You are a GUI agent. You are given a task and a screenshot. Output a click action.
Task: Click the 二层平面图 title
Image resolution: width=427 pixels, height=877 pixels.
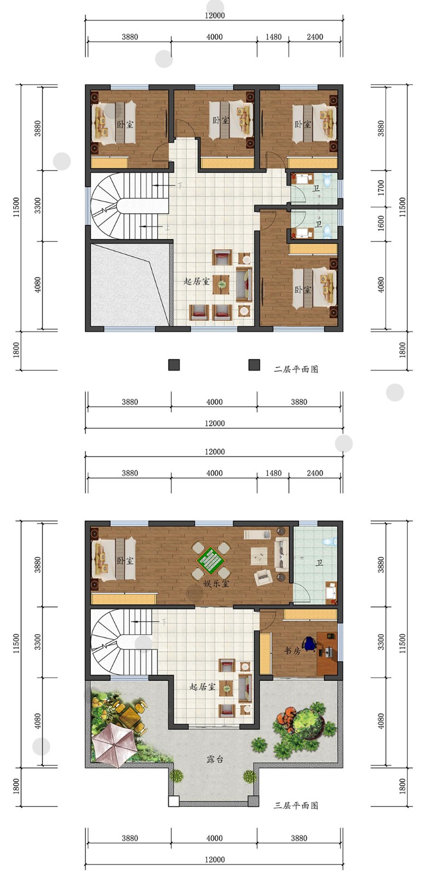point(296,369)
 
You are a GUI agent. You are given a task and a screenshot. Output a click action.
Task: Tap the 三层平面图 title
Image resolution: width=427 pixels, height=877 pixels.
point(296,805)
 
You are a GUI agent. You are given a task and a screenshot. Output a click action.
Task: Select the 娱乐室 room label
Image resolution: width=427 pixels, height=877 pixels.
point(216,583)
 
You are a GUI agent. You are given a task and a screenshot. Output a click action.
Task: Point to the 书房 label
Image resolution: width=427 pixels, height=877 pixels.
point(292,650)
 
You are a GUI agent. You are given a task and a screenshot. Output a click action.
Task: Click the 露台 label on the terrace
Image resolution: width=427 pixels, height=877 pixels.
point(215,760)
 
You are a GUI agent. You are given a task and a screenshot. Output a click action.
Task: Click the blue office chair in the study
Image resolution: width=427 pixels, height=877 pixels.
point(309,643)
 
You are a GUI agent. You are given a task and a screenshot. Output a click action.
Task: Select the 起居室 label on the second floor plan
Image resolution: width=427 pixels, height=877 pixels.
point(197,281)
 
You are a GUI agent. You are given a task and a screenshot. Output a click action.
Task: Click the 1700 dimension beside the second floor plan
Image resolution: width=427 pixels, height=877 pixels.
point(381,187)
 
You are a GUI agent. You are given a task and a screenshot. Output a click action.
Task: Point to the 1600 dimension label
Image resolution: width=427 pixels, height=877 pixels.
point(381,223)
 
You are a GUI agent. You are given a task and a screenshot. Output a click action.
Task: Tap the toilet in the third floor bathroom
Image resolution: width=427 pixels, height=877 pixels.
point(329,542)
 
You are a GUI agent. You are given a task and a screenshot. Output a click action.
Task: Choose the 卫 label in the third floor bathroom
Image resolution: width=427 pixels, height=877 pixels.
point(320,562)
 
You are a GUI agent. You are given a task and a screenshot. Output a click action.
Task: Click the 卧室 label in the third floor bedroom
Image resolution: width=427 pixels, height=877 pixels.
point(125,560)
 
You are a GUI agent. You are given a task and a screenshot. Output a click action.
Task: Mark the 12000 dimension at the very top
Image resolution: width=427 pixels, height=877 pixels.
point(215,15)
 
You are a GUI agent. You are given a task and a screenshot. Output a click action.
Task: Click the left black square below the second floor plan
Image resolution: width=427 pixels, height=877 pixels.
point(174,365)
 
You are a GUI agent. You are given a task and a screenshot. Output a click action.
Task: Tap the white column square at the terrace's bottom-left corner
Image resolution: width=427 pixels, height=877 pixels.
point(174,801)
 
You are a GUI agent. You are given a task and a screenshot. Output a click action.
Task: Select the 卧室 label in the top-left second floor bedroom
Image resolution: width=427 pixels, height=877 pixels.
point(125,124)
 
